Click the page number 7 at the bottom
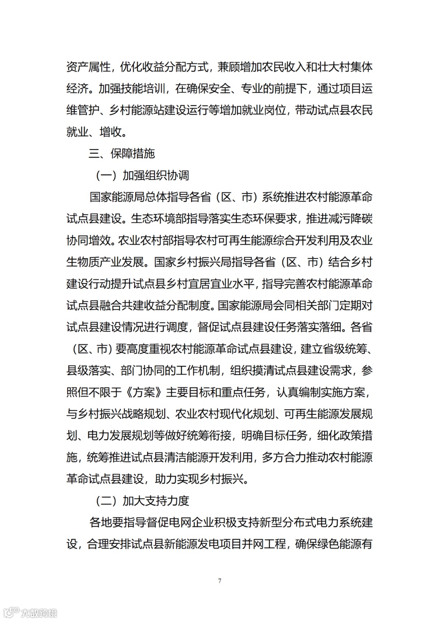pos(219,580)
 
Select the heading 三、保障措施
pos(122,153)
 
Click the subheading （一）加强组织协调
pos(143,175)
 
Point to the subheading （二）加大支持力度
pos(143,501)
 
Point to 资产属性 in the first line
pos(88,67)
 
